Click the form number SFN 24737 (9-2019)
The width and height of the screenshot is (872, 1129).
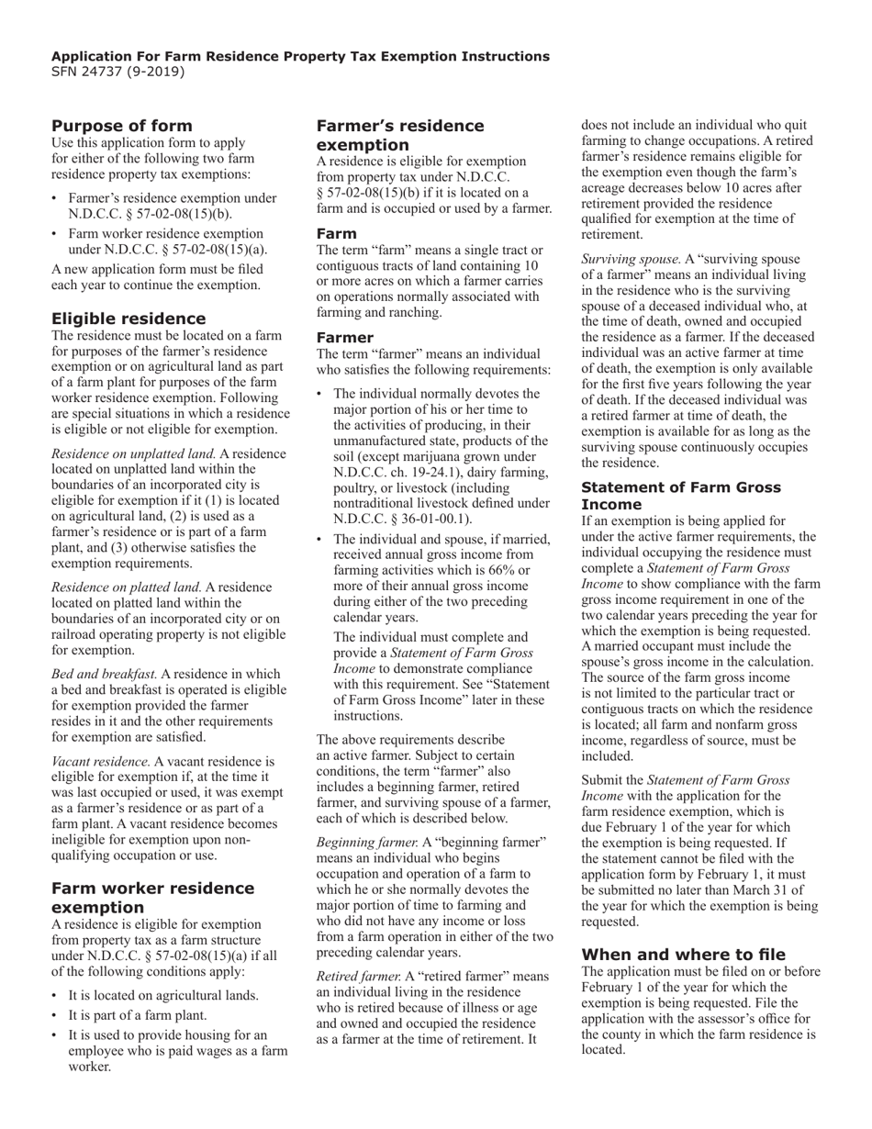(x=118, y=72)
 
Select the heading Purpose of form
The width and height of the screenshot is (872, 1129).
(x=122, y=126)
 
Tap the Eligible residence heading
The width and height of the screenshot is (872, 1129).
(x=129, y=319)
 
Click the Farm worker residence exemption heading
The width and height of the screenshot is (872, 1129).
(x=153, y=898)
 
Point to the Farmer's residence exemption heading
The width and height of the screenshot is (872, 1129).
(x=400, y=135)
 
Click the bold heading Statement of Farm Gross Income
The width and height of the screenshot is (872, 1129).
(x=681, y=496)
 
